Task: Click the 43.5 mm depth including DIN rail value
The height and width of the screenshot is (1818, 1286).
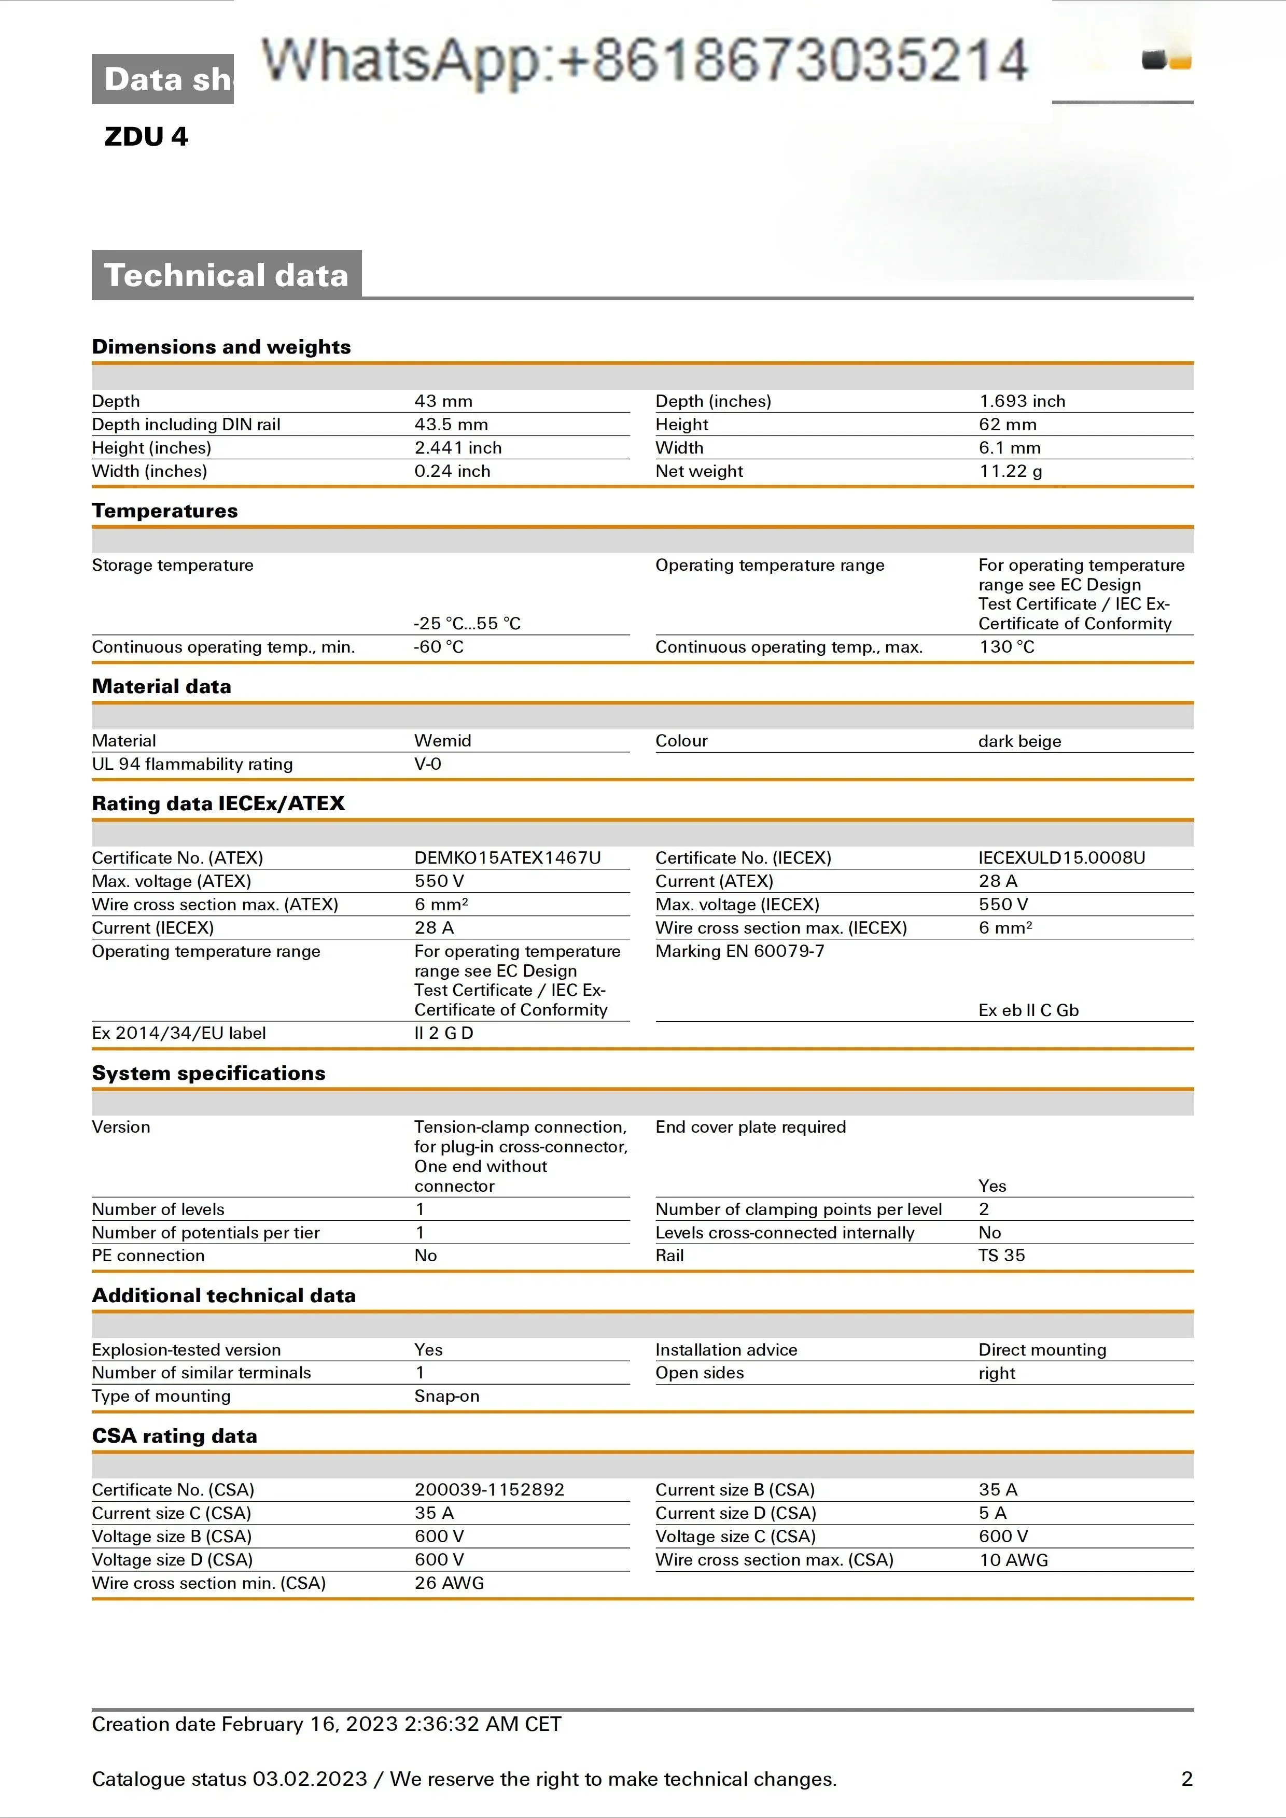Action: tap(451, 425)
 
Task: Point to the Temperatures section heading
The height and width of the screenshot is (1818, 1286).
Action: tap(165, 511)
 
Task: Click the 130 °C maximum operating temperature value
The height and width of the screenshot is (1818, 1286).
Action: tap(1007, 647)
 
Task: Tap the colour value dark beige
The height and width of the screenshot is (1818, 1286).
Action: tap(1019, 741)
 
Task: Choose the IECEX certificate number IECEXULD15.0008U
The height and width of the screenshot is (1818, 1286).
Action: tap(1061, 857)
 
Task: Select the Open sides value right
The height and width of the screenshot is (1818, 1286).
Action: tap(996, 1373)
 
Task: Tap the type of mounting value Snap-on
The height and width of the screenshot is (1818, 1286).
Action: tap(446, 1396)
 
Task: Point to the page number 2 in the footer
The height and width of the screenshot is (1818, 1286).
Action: tap(1186, 1779)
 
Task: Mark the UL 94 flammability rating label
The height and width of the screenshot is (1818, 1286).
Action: tap(192, 764)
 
